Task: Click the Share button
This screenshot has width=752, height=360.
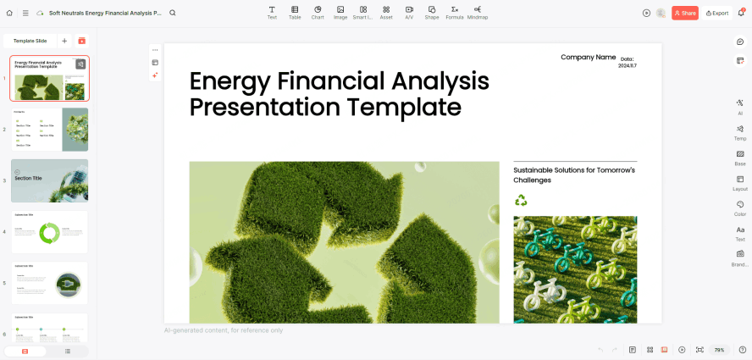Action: [685, 13]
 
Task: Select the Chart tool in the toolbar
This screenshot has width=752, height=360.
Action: [318, 12]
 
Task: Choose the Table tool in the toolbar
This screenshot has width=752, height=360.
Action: [295, 12]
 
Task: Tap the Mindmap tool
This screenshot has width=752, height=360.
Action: [478, 12]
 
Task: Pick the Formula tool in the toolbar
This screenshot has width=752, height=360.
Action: [455, 12]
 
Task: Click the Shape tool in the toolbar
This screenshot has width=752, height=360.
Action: [432, 12]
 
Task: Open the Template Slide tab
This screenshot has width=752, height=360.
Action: [30, 41]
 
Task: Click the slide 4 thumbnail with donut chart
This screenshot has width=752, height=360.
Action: [49, 231]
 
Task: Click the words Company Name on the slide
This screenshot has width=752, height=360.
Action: [588, 58]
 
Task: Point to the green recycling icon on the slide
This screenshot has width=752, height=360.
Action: [521, 200]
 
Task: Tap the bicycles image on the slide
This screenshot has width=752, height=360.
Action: [575, 269]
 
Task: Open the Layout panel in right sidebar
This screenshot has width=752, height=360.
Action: [740, 183]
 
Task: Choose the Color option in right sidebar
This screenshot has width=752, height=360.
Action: [740, 208]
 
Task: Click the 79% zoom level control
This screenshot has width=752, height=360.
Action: [719, 350]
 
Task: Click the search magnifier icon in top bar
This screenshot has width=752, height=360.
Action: [173, 13]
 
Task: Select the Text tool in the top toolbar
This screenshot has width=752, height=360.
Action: [272, 12]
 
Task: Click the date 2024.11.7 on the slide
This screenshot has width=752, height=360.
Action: [627, 65]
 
